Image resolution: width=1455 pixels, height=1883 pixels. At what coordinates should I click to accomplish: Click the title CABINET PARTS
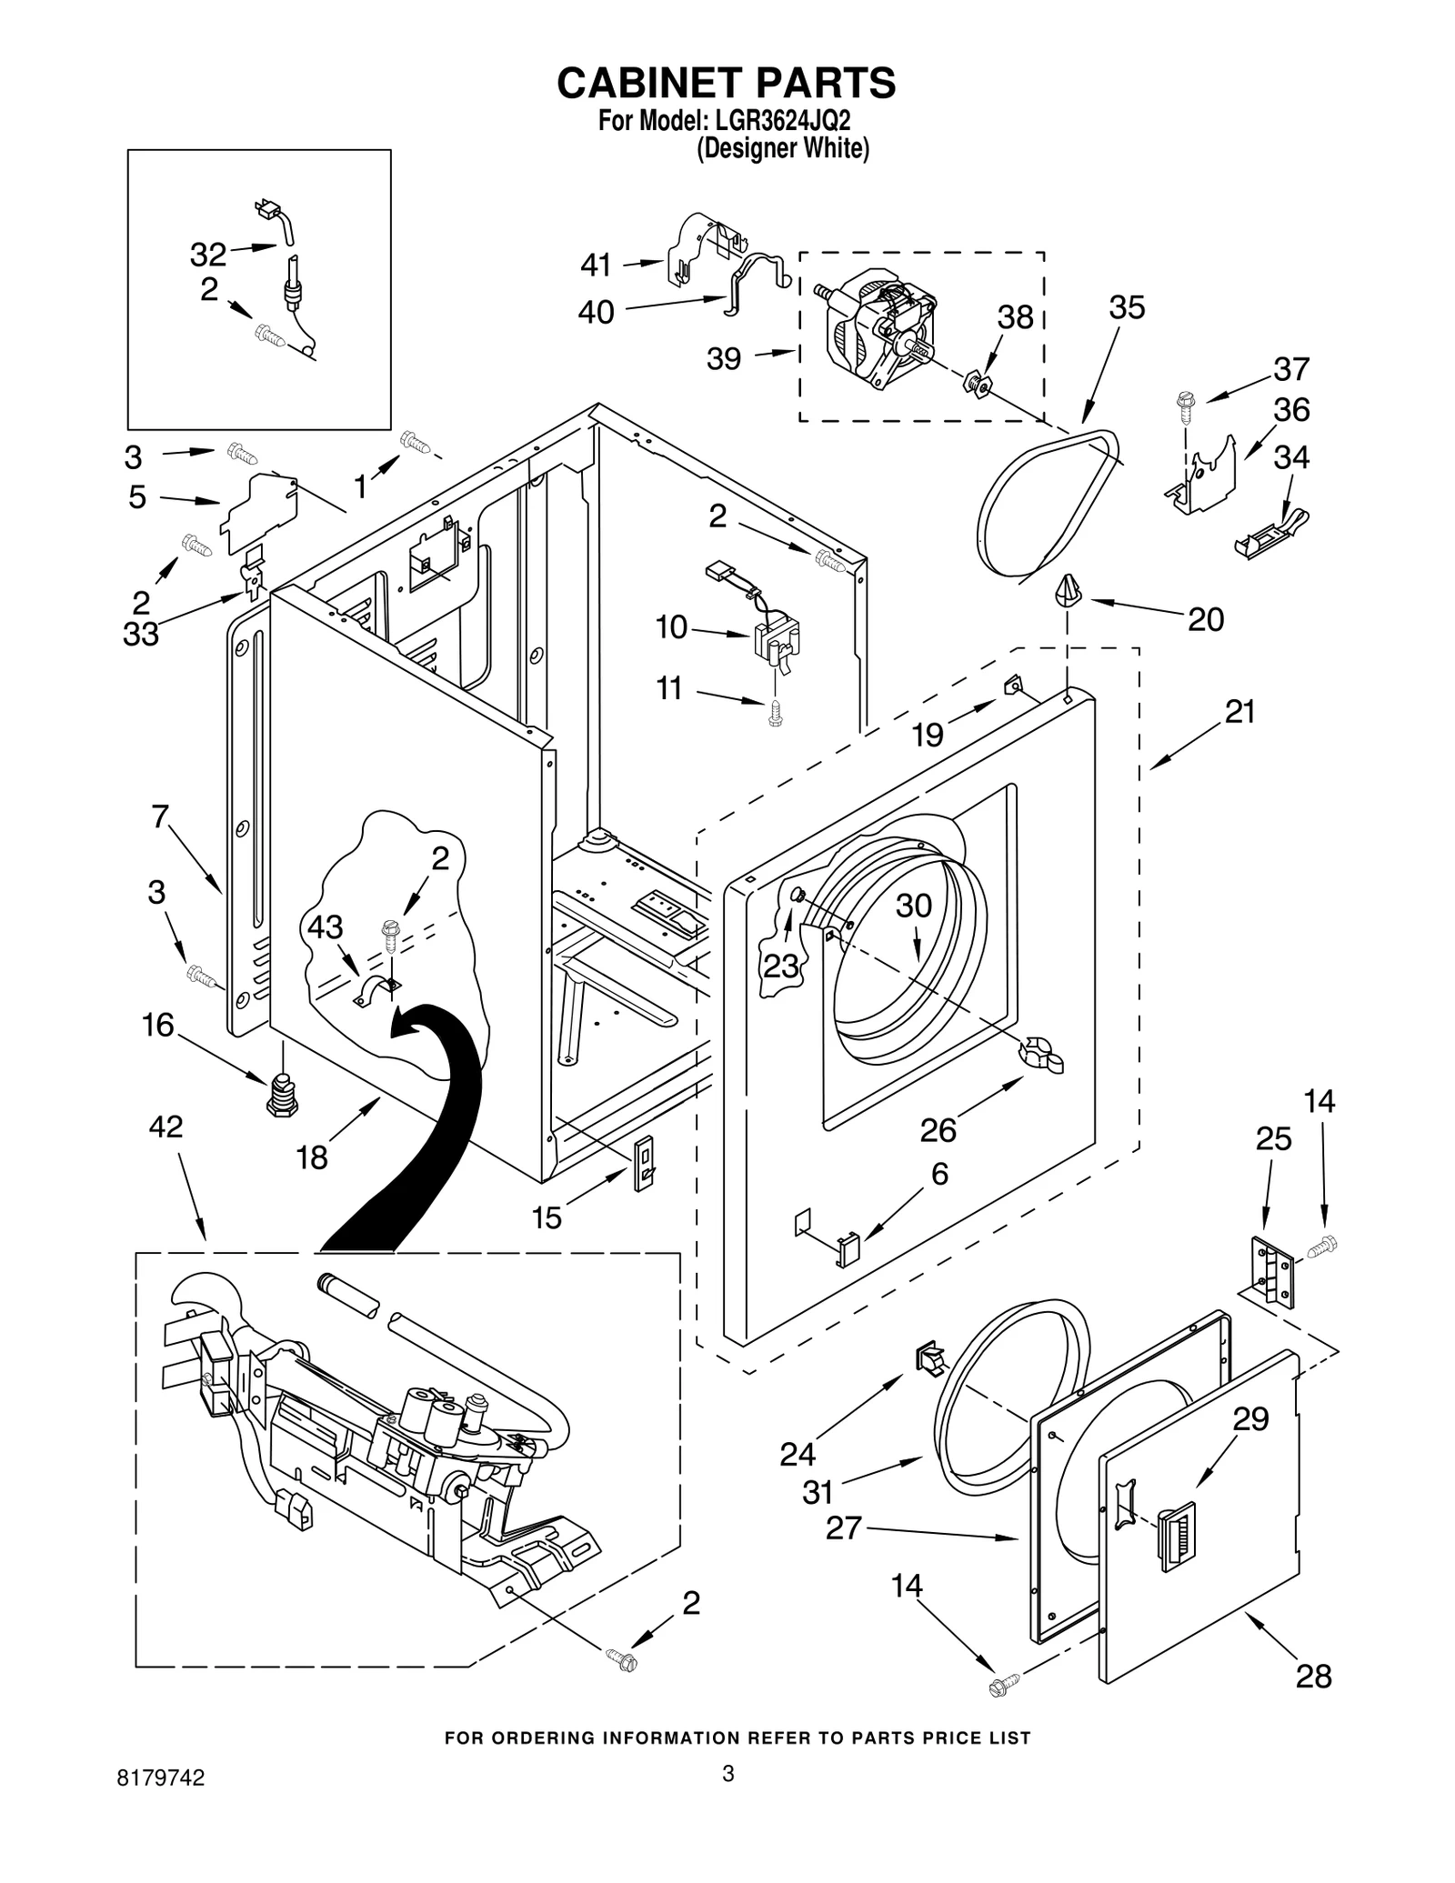pyautogui.click(x=726, y=83)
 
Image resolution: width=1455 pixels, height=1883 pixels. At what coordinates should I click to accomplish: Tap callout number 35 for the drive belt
pyautogui.click(x=1126, y=307)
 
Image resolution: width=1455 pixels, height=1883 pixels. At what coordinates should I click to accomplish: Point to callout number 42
pyautogui.click(x=166, y=1127)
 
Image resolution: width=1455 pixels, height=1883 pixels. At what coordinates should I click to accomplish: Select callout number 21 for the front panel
pyautogui.click(x=1239, y=712)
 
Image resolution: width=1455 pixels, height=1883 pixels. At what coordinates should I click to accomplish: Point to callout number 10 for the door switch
pyautogui.click(x=671, y=627)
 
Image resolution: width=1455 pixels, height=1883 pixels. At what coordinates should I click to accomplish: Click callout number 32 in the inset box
pyautogui.click(x=207, y=255)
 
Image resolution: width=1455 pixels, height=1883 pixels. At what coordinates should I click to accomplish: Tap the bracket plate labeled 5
pyautogui.click(x=261, y=511)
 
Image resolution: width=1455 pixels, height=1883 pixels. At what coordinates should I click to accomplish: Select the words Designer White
pyautogui.click(x=782, y=149)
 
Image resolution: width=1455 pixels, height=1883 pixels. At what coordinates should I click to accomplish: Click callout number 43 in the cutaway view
pyautogui.click(x=325, y=927)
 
